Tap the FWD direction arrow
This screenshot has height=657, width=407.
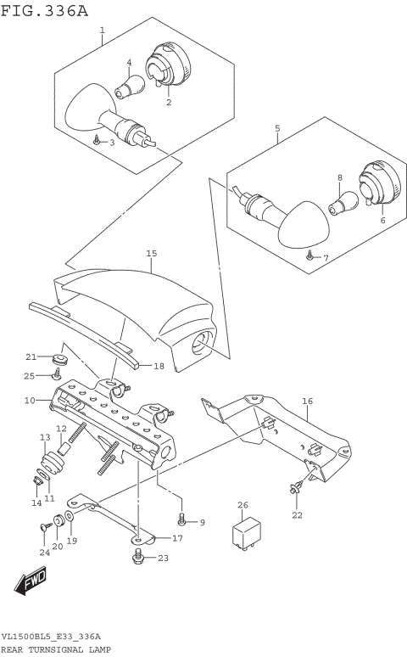[29, 582]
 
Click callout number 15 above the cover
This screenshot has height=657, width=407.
[152, 253]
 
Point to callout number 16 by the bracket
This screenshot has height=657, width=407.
[307, 401]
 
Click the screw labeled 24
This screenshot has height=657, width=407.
[44, 530]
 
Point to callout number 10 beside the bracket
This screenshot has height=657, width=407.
[29, 399]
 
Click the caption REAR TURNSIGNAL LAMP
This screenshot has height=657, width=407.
[55, 649]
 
